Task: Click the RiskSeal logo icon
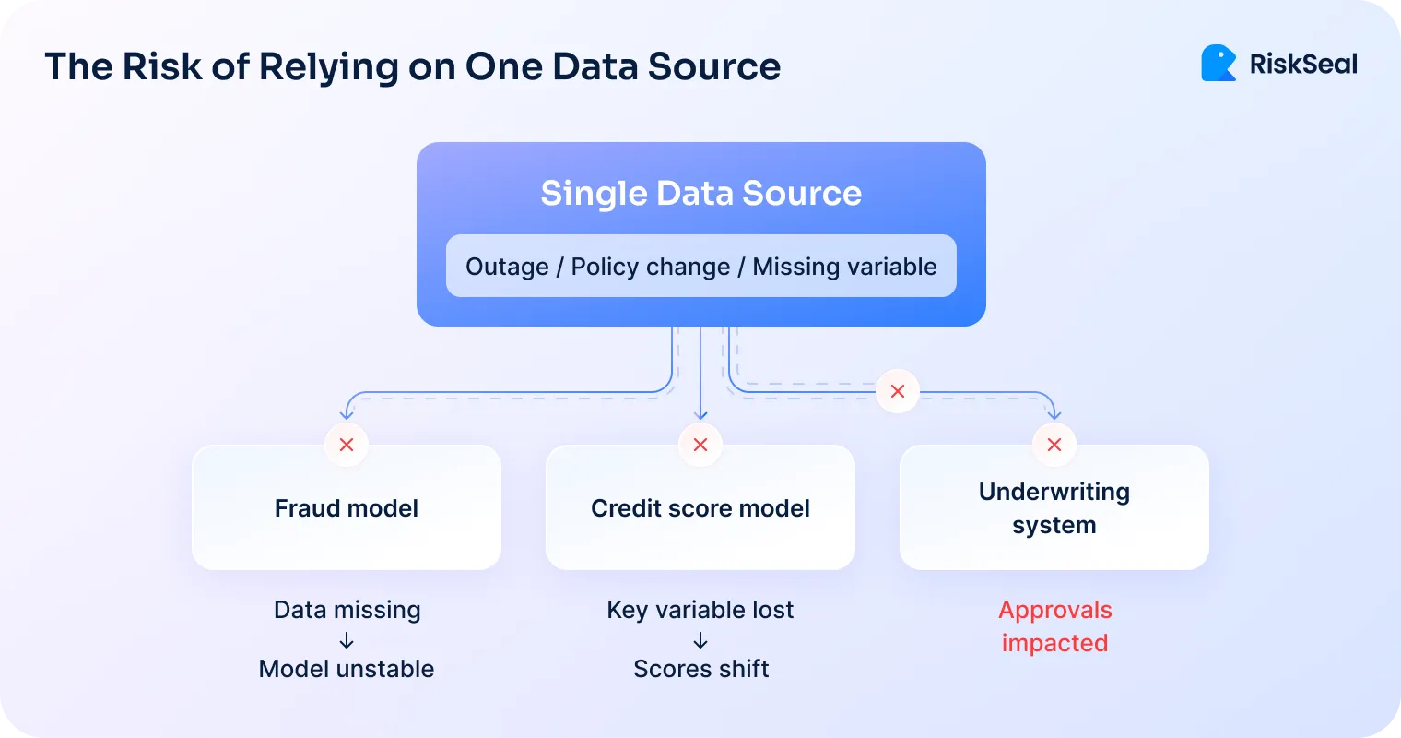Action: pos(1219,64)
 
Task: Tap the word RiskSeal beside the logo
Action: pos(1303,64)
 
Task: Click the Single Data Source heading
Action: pos(700,193)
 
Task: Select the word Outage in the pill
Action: pos(507,267)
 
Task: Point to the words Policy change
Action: pos(651,267)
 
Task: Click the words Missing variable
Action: pos(844,267)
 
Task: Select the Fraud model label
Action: pos(347,508)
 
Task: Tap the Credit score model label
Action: pos(700,508)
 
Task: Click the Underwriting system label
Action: pos(1054,508)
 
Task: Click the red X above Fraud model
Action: pos(347,445)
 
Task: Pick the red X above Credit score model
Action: pos(700,445)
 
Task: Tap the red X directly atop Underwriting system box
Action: pos(1054,445)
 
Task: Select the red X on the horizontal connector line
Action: pos(897,391)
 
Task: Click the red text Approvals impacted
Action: pos(1054,626)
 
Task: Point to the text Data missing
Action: pos(347,610)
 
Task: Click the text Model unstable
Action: pos(347,669)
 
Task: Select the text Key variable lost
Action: pos(700,610)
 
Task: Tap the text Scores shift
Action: pos(700,669)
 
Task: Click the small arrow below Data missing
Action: pos(347,640)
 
